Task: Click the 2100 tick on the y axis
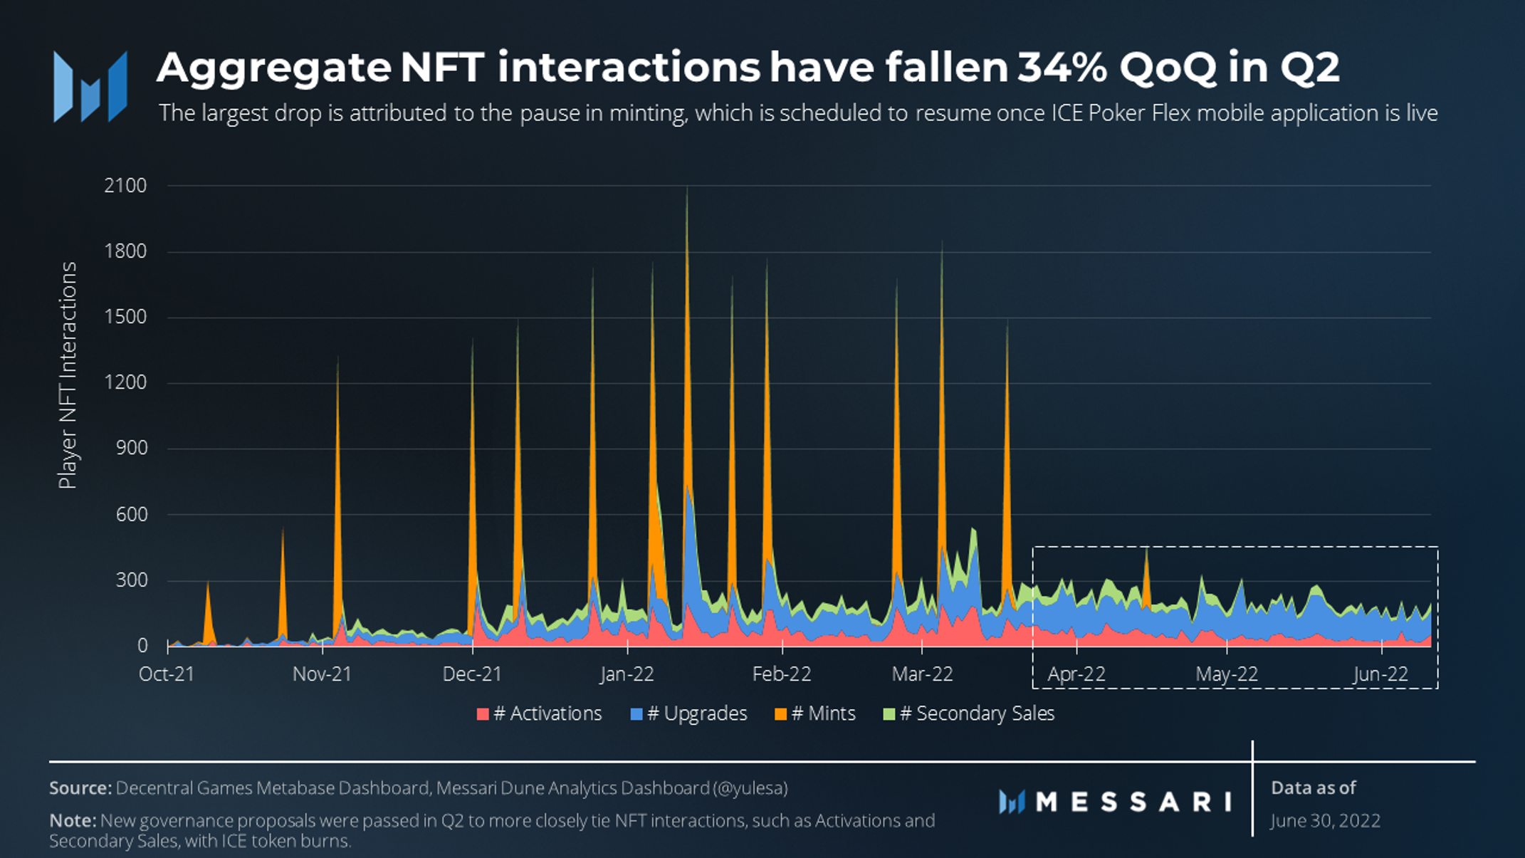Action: click(125, 186)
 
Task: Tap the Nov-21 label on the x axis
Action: click(322, 674)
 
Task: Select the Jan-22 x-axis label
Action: click(627, 674)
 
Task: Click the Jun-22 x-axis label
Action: click(1380, 674)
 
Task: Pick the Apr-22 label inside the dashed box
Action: click(1076, 674)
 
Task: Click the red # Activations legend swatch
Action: click(483, 714)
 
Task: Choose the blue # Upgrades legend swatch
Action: click(636, 714)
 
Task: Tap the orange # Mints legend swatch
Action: click(781, 714)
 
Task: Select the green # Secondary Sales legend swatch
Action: click(889, 714)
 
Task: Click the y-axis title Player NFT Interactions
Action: click(68, 375)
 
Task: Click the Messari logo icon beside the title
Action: click(90, 87)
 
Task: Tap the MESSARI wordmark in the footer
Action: click(1133, 802)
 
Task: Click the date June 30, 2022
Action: click(1325, 821)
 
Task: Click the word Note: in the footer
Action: click(73, 820)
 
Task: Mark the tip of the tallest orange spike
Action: click(687, 189)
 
